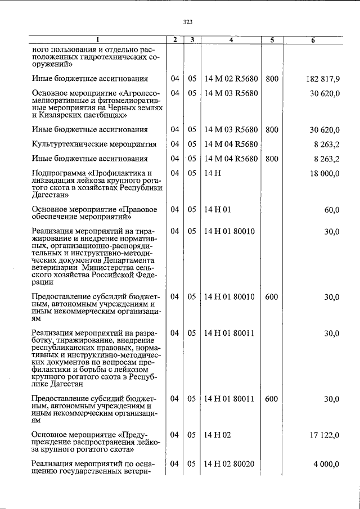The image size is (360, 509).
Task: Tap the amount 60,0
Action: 332,210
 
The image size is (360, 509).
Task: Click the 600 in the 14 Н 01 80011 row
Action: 271,399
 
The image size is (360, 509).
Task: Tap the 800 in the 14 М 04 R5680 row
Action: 272,159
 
